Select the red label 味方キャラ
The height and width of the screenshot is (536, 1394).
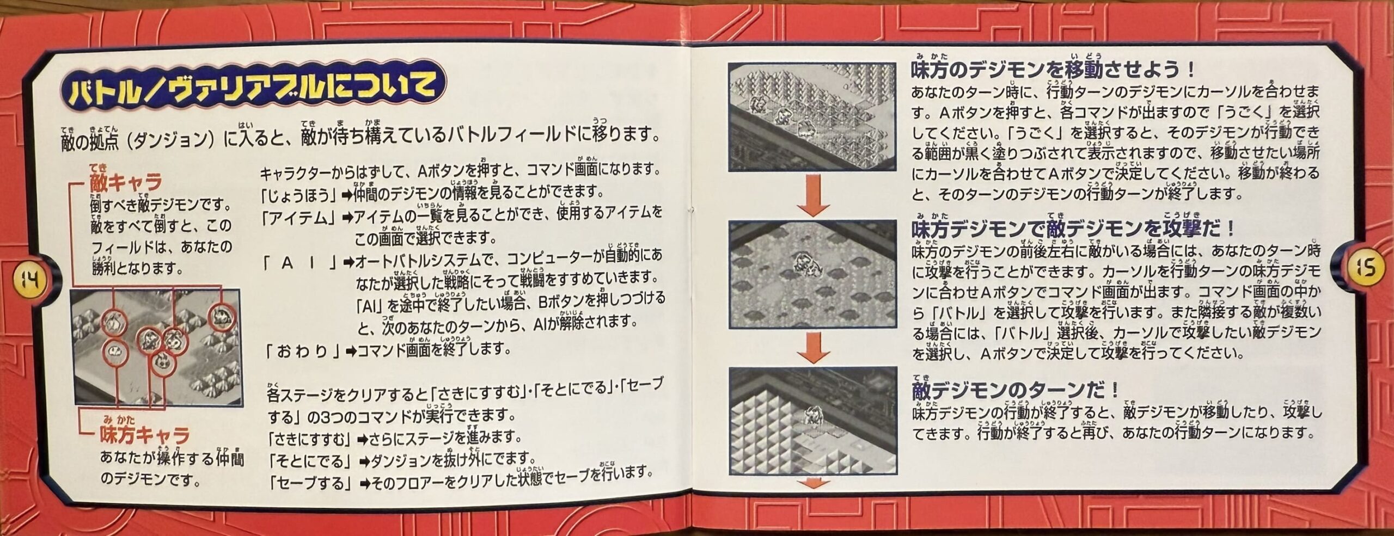[144, 435]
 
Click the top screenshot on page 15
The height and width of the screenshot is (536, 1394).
[812, 117]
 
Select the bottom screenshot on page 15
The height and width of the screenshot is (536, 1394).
[812, 421]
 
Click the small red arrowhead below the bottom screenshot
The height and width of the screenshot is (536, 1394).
[812, 483]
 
